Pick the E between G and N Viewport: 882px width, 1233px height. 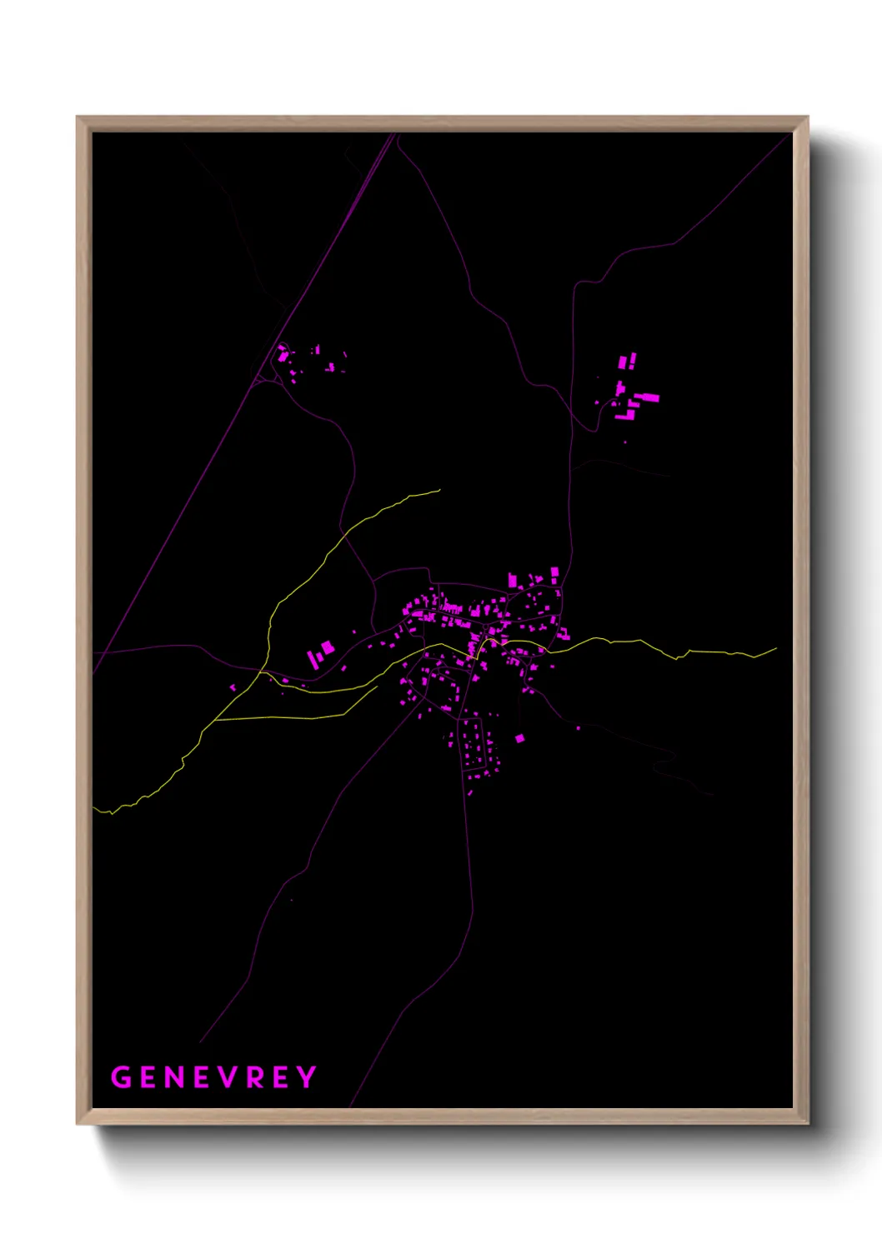(x=150, y=1077)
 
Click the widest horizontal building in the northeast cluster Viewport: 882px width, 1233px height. (x=648, y=397)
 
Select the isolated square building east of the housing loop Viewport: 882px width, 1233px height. (x=519, y=738)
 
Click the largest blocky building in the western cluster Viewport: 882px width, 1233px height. (x=327, y=647)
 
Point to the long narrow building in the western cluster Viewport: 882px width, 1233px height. (x=313, y=660)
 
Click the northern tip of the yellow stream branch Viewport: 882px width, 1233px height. (x=439, y=491)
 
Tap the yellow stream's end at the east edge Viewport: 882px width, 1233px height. (x=776, y=649)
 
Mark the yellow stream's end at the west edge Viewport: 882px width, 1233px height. (x=94, y=808)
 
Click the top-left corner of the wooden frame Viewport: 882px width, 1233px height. (x=78, y=117)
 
